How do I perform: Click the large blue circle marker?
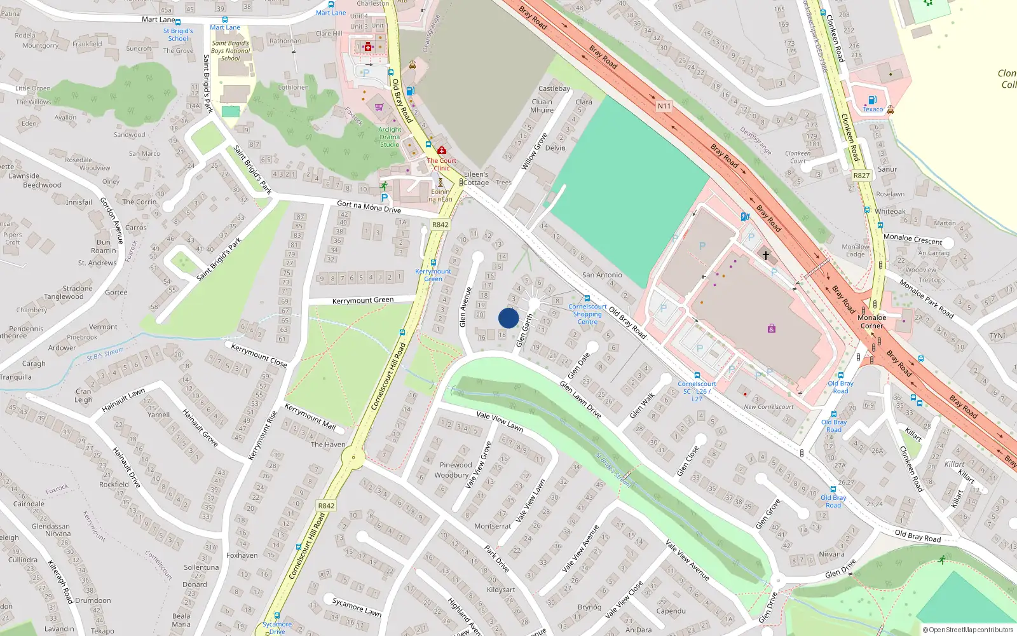[x=508, y=318]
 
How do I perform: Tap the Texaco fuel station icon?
[x=872, y=100]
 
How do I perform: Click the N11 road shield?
[x=664, y=106]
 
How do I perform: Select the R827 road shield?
[x=861, y=176]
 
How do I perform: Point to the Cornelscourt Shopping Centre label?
[x=587, y=314]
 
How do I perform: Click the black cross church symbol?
[x=766, y=256]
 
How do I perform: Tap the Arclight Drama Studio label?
[x=390, y=137]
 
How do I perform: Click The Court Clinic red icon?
[x=441, y=151]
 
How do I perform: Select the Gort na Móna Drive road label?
[x=369, y=207]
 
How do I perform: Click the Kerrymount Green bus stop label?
[x=433, y=275]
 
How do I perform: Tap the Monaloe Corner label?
[x=871, y=322]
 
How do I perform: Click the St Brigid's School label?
[x=178, y=34]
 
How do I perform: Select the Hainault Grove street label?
[x=200, y=427]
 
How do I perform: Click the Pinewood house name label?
[x=456, y=465]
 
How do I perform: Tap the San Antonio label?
[x=602, y=275]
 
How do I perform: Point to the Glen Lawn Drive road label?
[x=580, y=399]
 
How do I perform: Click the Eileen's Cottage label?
[x=476, y=178]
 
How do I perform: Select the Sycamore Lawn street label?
[x=357, y=607]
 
